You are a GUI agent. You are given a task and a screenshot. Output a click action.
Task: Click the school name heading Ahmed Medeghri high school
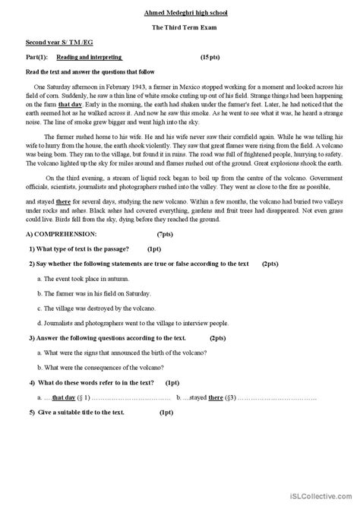tap(180, 13)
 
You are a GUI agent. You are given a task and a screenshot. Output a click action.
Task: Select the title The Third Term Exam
tap(180, 27)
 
